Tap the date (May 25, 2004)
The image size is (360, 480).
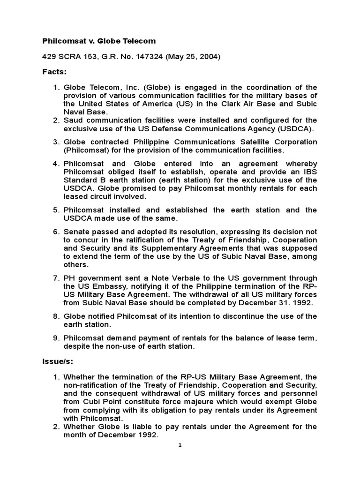184,57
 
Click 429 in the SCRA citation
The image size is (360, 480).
48,57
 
